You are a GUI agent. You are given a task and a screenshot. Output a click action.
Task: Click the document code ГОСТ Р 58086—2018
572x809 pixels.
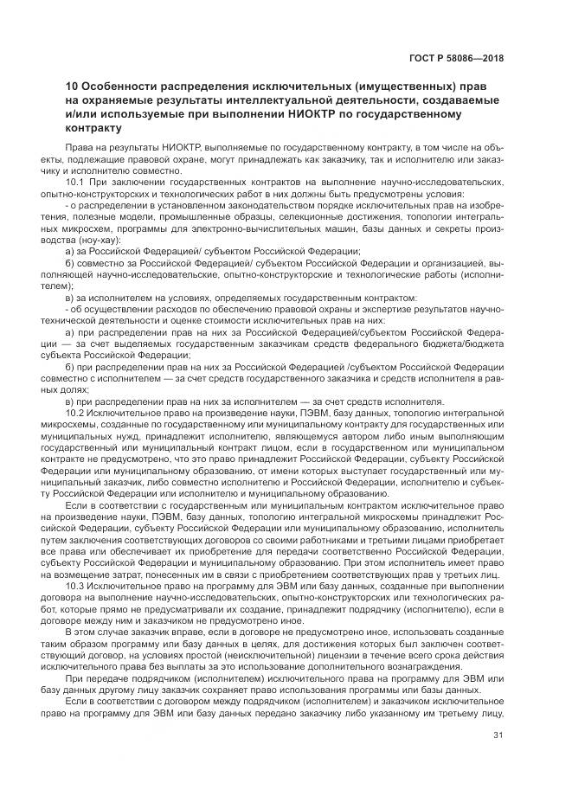458,59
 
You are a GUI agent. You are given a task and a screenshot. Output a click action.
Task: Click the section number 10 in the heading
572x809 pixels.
72,88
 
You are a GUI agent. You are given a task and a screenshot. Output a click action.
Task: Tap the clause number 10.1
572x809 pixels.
75,183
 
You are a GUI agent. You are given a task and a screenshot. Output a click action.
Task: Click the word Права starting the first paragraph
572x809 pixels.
80,149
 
